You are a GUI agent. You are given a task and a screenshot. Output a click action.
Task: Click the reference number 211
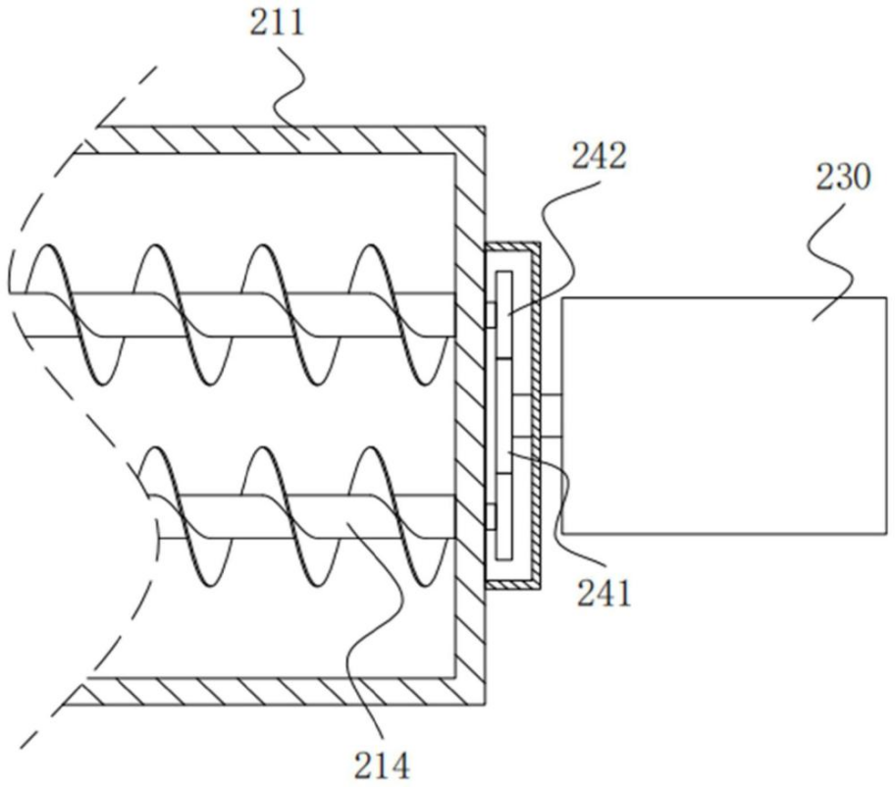(277, 24)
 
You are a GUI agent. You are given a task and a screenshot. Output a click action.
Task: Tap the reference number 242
(600, 155)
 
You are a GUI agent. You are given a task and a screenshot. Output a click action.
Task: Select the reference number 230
(843, 177)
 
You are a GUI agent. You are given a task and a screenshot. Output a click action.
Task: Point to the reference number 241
(604, 594)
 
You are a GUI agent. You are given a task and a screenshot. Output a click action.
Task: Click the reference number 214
(382, 764)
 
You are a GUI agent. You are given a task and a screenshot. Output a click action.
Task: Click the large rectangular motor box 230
(724, 415)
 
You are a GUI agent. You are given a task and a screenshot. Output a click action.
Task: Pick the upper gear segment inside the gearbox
(504, 315)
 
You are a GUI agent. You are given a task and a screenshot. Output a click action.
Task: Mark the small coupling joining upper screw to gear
(491, 315)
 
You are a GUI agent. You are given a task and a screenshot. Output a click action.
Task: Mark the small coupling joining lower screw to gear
(491, 516)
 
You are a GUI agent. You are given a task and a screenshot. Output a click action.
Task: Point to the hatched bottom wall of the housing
(274, 691)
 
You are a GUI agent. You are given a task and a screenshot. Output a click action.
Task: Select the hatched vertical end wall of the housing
(470, 415)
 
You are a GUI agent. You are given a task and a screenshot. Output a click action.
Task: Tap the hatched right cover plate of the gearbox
(536, 415)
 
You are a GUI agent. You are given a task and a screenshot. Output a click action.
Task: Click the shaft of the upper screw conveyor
(232, 315)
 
